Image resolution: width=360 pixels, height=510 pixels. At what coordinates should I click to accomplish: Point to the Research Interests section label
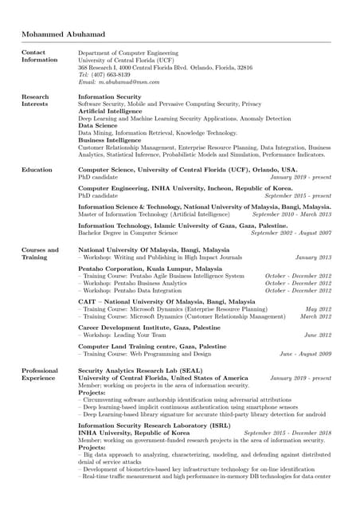click(x=35, y=100)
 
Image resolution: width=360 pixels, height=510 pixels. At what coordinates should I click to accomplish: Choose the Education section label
click(x=37, y=170)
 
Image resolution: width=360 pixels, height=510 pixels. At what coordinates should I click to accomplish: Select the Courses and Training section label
click(x=40, y=254)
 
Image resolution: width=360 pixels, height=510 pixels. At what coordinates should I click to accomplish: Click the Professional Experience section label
click(x=40, y=375)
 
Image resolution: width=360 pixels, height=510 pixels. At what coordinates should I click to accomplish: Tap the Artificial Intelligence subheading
click(x=110, y=112)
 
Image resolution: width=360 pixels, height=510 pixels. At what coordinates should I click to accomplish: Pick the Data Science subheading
click(x=98, y=126)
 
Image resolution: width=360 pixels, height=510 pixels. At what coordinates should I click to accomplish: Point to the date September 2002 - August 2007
click(x=291, y=233)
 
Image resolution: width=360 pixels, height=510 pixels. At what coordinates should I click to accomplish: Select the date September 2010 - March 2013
click(x=292, y=214)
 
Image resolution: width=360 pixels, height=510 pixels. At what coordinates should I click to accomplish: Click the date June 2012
click(x=317, y=335)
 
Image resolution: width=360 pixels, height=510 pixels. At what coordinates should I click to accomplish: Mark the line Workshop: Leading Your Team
click(x=123, y=335)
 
